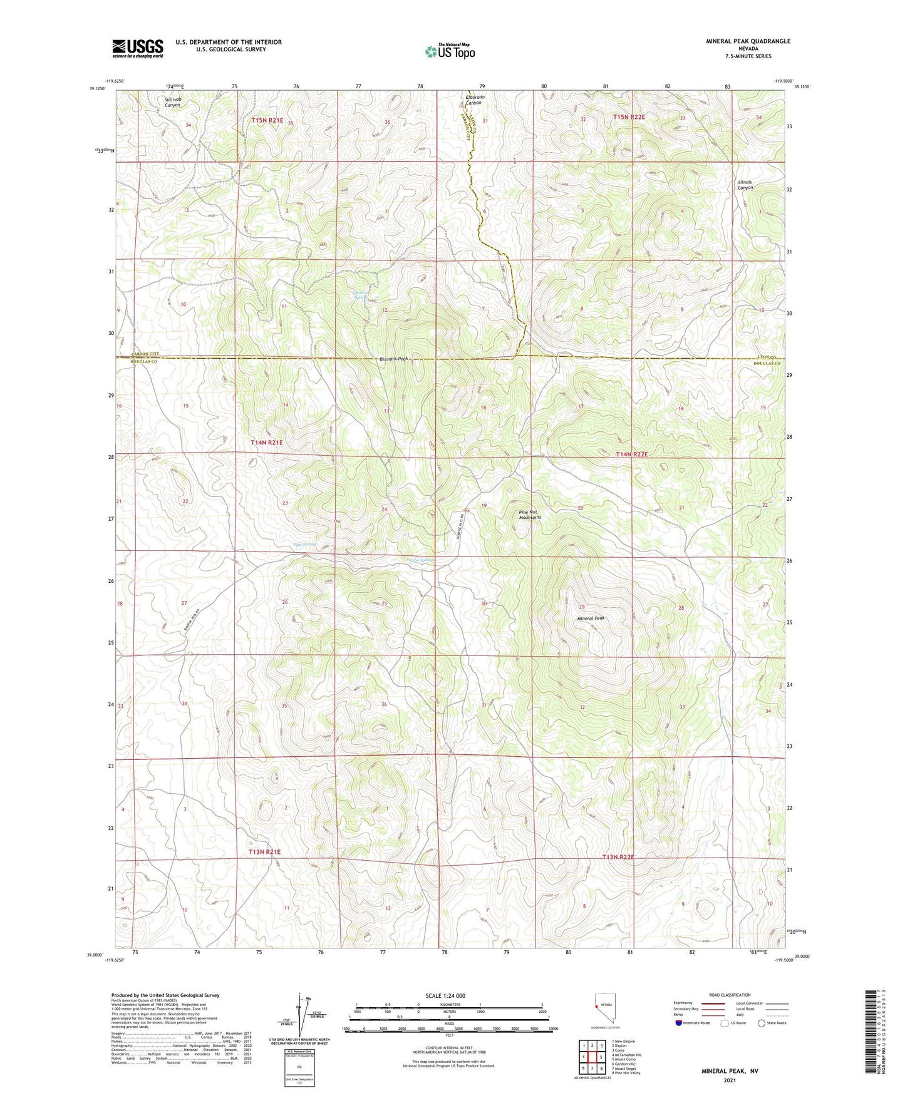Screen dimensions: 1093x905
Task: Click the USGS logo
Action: point(138,48)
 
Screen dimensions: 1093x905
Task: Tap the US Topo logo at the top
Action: point(450,51)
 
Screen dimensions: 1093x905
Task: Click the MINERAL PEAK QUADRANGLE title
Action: point(748,41)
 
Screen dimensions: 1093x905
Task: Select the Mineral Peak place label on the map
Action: point(591,618)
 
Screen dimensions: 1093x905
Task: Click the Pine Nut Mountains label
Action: point(530,515)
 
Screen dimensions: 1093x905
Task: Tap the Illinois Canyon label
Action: point(745,185)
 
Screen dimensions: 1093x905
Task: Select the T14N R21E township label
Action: point(267,443)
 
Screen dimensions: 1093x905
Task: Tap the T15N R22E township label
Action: point(628,117)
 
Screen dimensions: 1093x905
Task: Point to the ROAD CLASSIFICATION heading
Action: point(730,995)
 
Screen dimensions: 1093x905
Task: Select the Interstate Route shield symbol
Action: point(680,1023)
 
